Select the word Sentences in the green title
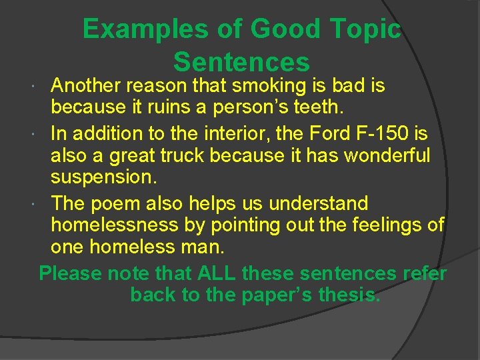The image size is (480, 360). click(241, 62)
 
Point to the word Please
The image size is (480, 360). click(70, 273)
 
